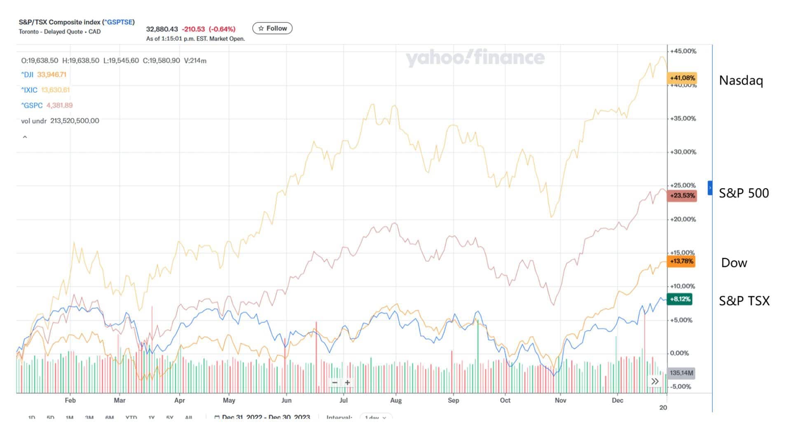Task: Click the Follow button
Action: (272, 28)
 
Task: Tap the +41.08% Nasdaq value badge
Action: (682, 78)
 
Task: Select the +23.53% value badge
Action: (682, 195)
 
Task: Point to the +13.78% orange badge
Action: (681, 261)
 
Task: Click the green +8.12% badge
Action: (679, 299)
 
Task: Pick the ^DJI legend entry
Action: (28, 75)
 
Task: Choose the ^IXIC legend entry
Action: (29, 90)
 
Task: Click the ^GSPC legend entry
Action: (32, 105)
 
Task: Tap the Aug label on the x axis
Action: (395, 400)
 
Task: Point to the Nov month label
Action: (560, 400)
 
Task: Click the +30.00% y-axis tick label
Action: (683, 152)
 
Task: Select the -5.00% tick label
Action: (681, 386)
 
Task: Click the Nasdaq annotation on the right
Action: (741, 80)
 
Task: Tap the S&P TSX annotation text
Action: (744, 301)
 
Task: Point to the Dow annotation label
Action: (734, 263)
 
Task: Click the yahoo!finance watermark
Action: (475, 58)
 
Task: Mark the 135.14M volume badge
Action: (681, 373)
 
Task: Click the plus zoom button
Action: (347, 383)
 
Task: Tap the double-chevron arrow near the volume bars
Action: (655, 382)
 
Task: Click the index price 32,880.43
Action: (162, 29)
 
